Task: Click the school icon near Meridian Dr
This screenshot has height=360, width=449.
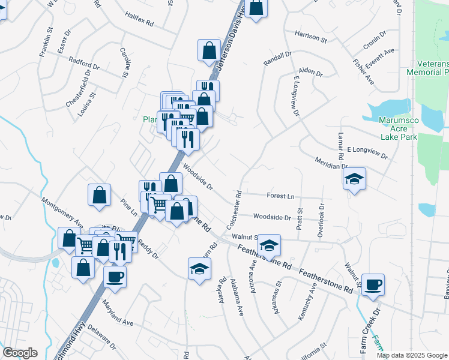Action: click(354, 179)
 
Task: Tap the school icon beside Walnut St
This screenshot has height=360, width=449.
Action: click(269, 245)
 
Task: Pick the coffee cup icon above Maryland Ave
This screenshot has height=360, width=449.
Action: click(115, 277)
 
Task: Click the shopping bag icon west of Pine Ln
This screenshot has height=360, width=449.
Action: click(99, 195)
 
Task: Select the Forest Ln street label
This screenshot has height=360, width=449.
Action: click(282, 195)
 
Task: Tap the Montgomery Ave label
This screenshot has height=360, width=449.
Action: click(62, 210)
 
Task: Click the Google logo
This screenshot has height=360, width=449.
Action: click(20, 353)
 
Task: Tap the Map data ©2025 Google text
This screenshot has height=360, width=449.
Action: click(412, 355)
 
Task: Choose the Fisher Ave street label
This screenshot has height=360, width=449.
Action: click(364, 71)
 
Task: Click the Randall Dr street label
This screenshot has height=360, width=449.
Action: click(277, 58)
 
